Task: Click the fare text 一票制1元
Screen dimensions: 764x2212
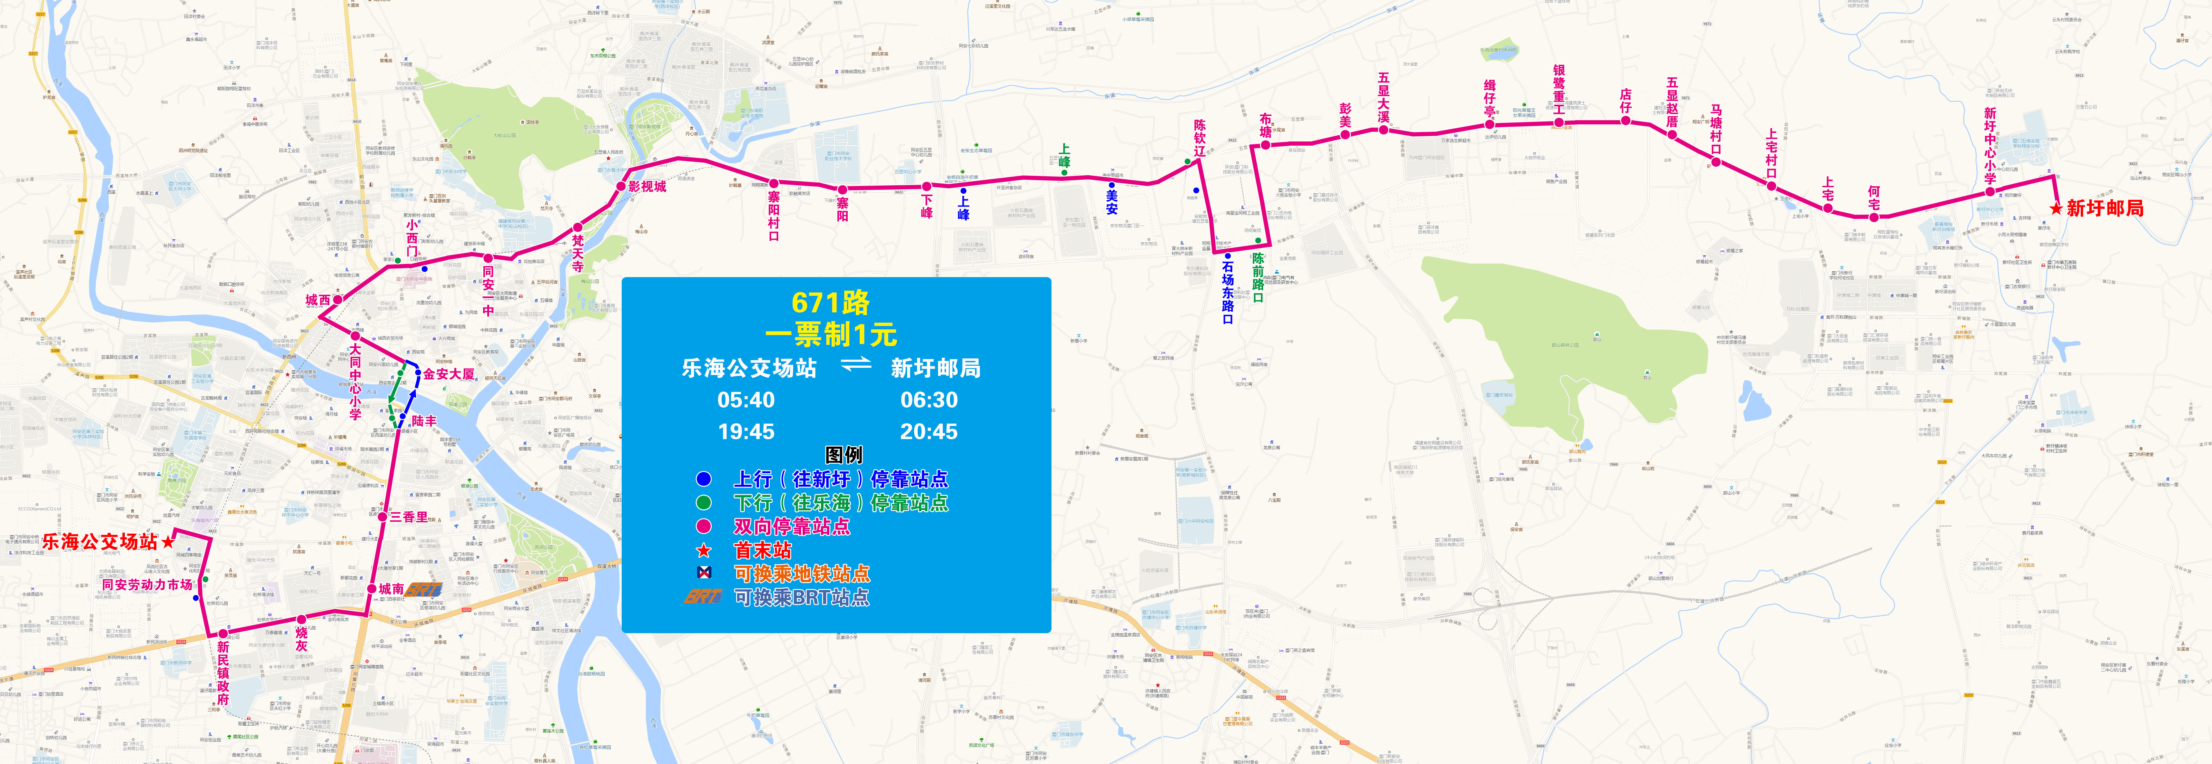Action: coord(830,334)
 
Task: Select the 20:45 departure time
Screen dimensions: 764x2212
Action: coord(928,432)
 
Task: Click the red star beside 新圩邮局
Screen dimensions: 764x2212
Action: coord(2055,208)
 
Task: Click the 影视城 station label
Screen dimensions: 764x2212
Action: coord(647,186)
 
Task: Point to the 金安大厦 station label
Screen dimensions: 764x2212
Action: coord(449,374)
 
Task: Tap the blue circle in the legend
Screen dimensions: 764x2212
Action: coord(703,479)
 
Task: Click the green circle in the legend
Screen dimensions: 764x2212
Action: coord(703,503)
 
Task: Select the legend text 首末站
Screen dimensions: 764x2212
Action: coord(762,550)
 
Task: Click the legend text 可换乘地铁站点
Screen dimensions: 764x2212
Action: coord(801,574)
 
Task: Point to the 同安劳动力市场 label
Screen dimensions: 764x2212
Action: coord(147,585)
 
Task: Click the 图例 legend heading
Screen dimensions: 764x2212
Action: coord(843,455)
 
